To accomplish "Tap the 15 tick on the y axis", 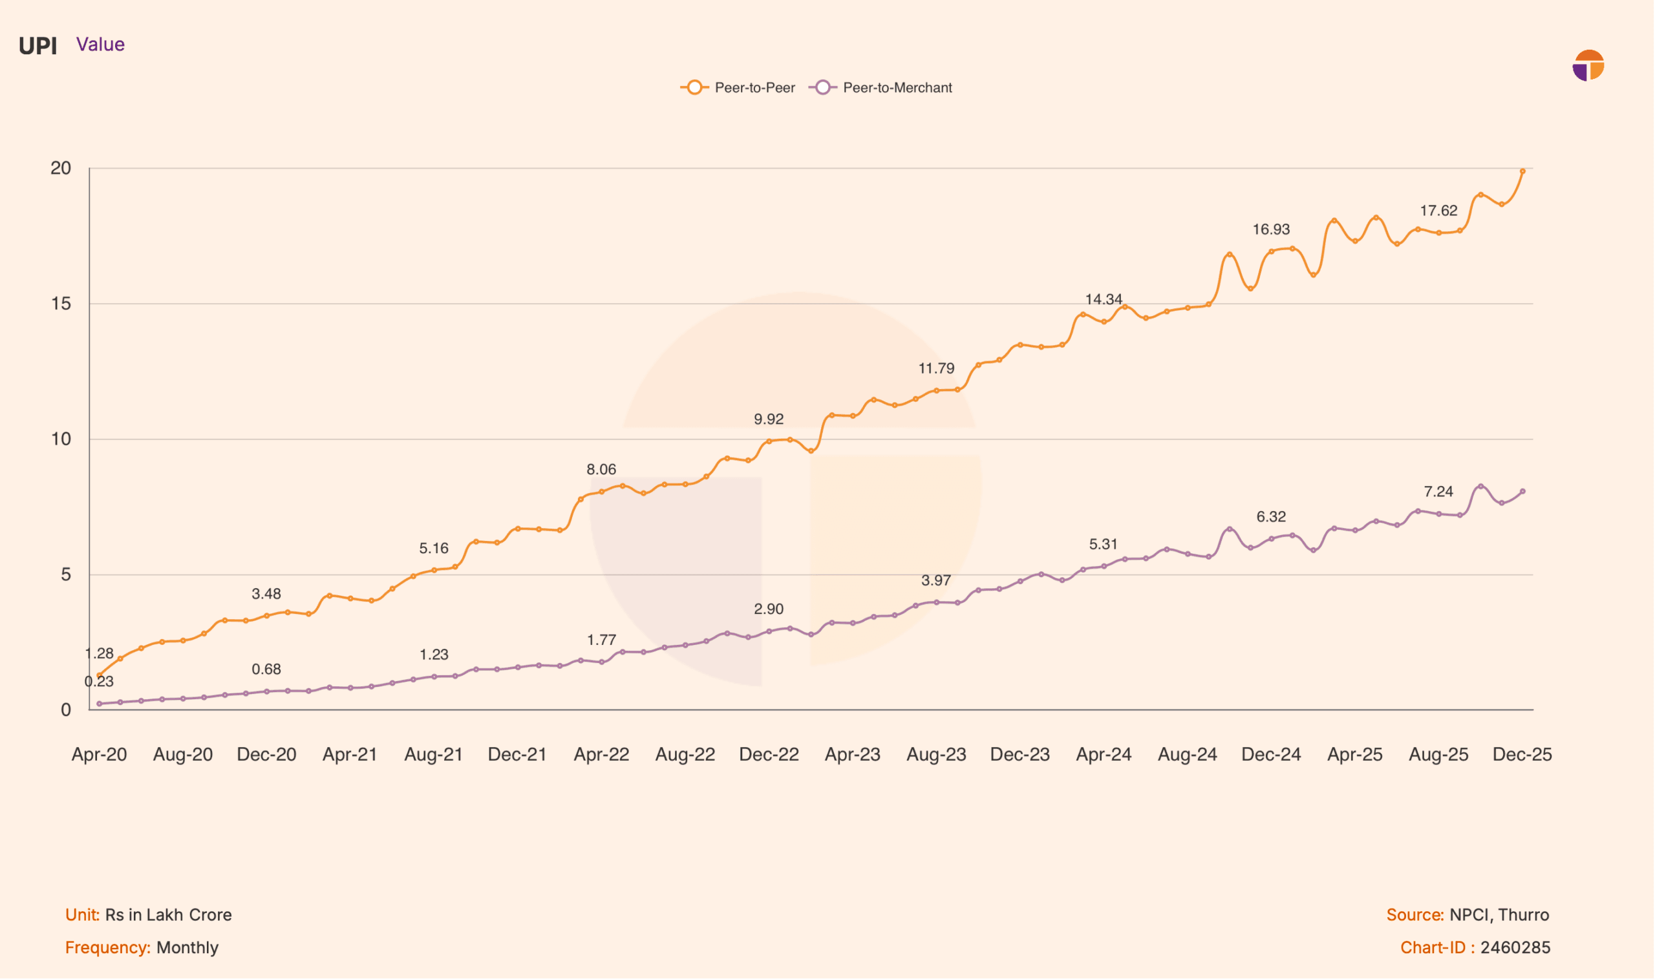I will [x=61, y=304].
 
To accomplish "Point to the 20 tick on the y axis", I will [x=61, y=168].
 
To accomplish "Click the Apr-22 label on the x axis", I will [x=601, y=755].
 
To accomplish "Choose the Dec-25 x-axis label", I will [x=1522, y=755].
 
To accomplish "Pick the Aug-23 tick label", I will [x=936, y=755].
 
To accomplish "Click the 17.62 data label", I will [x=1438, y=211].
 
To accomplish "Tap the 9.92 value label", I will [x=769, y=419].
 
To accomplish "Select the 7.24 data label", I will [x=1438, y=492].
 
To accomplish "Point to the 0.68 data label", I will [x=266, y=669].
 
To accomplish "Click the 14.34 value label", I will [x=1104, y=299].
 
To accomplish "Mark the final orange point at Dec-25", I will [x=1523, y=171].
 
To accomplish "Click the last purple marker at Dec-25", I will [x=1523, y=492].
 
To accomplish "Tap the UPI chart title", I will [x=37, y=46].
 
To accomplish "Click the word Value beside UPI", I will [x=100, y=44].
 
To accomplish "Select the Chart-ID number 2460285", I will [x=1515, y=948].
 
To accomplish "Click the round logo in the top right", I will [x=1588, y=65].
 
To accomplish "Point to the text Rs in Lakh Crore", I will [x=168, y=915].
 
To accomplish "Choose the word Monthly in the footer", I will [x=187, y=948].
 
